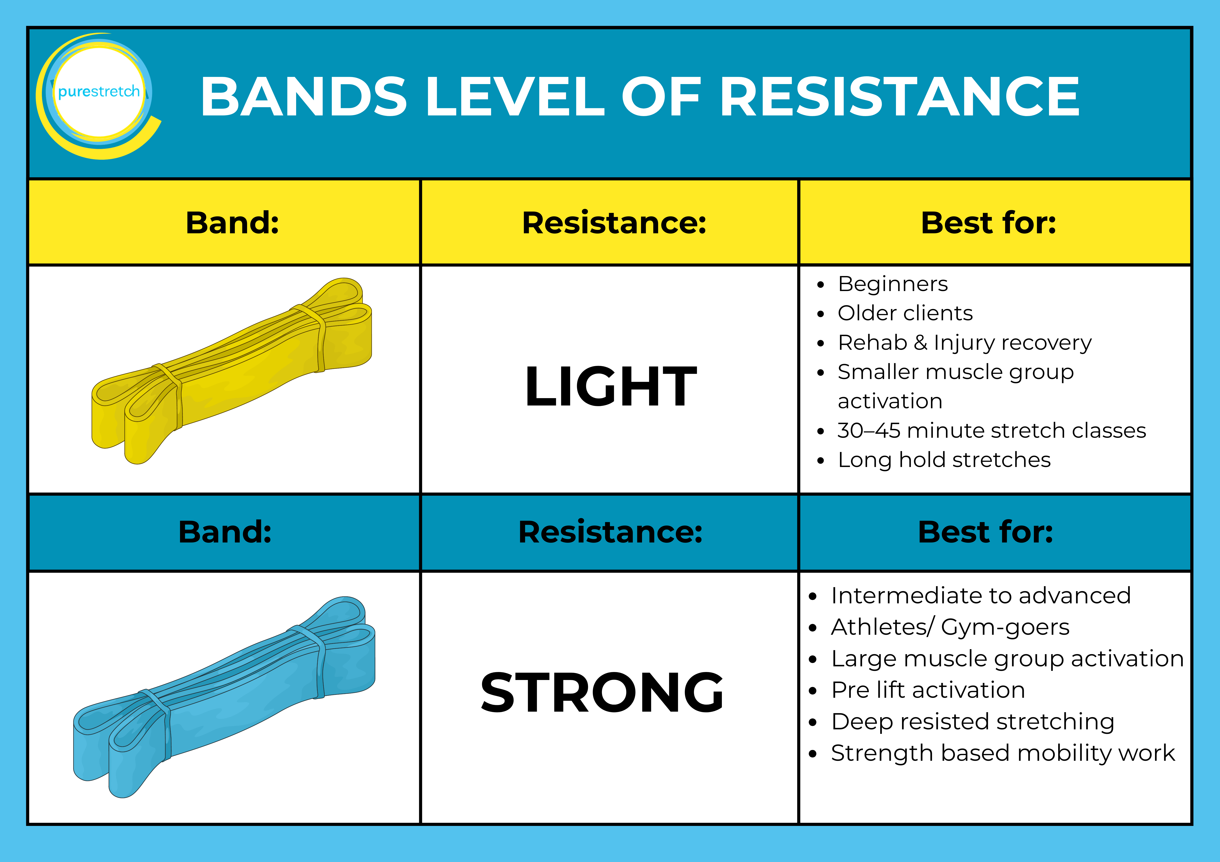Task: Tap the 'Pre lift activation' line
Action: [928, 690]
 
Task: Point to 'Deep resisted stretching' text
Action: [972, 722]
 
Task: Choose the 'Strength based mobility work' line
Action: [1003, 753]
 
